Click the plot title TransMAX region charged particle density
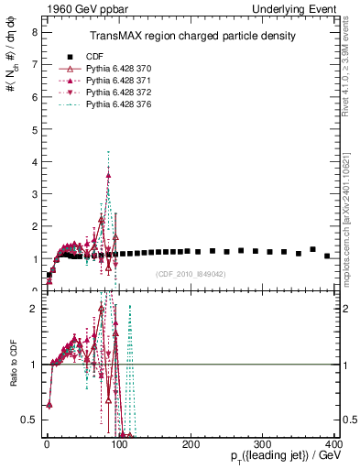pos(191,37)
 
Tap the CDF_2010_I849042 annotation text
pos(191,273)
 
